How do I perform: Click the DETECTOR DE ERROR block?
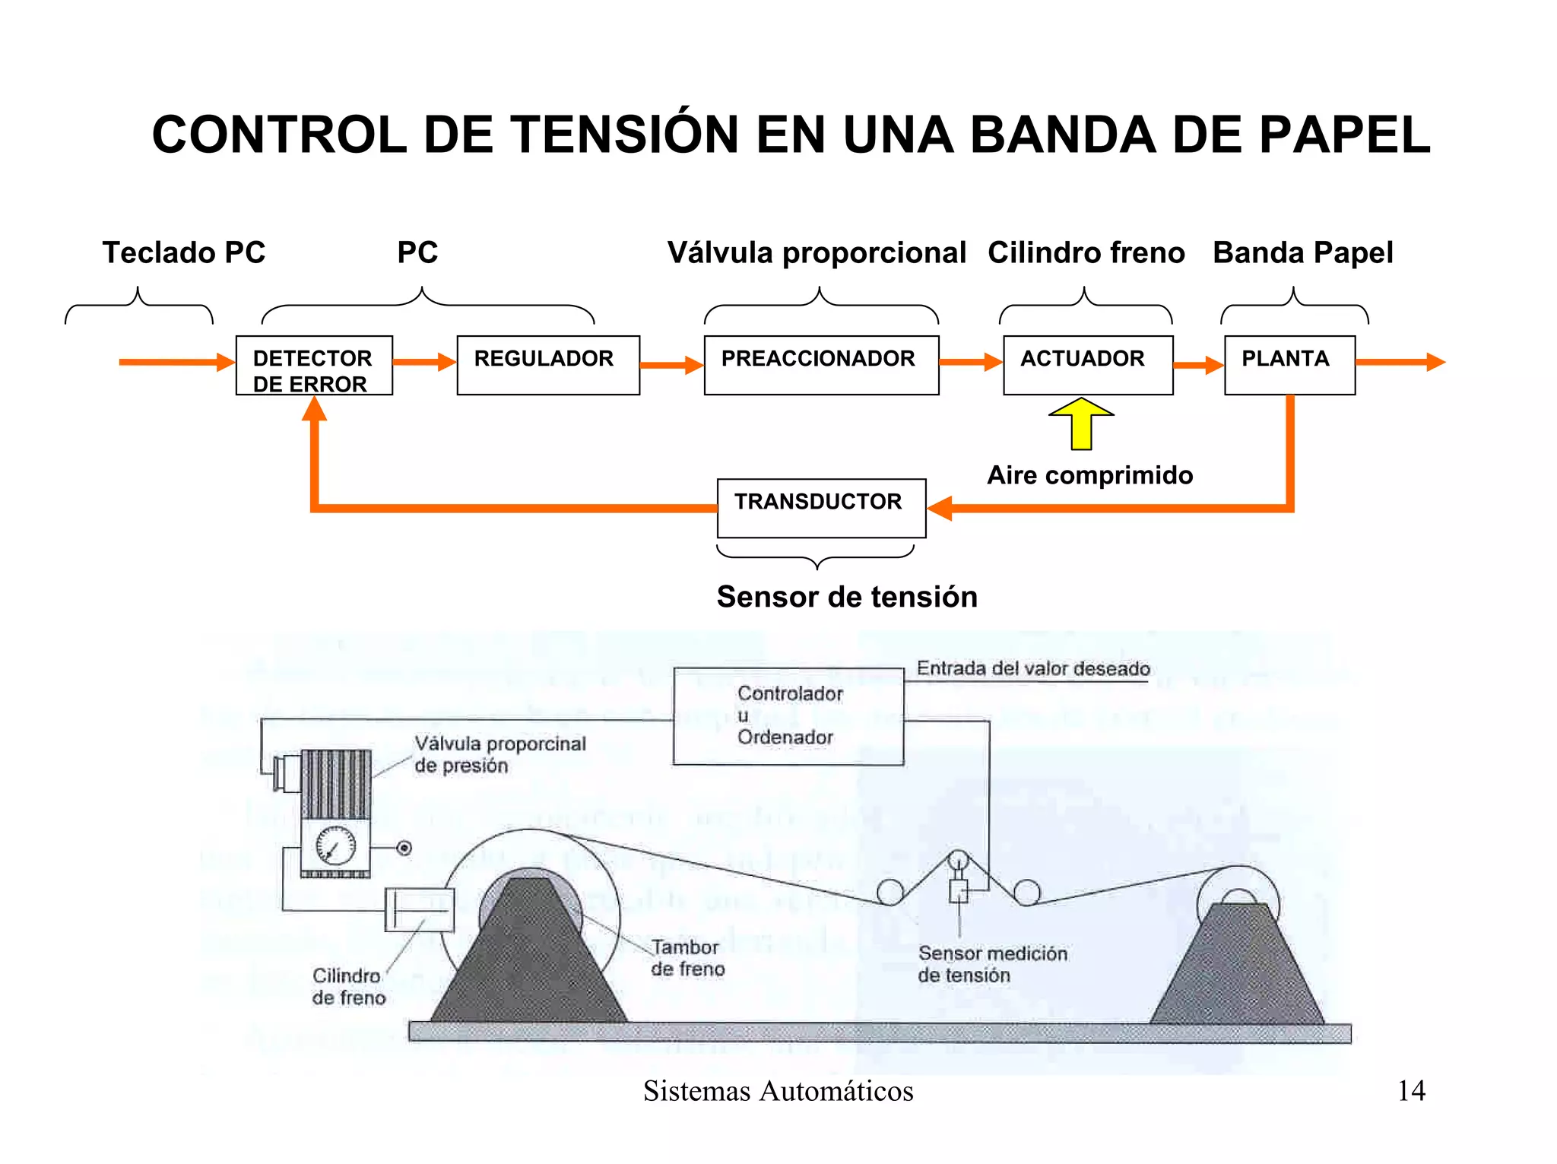[x=314, y=366]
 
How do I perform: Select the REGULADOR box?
[x=548, y=366]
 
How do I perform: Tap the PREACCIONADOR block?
[x=821, y=366]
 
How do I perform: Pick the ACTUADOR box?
[x=1088, y=366]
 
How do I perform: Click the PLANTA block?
[x=1289, y=366]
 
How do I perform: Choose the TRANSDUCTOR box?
[x=821, y=508]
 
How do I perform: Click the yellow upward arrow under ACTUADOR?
[x=1081, y=423]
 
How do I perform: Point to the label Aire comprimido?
[x=1089, y=475]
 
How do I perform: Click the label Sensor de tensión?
[x=846, y=597]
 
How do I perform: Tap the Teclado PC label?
[x=184, y=252]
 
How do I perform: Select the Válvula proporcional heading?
[x=817, y=252]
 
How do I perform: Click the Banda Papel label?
[x=1302, y=252]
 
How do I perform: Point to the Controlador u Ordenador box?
[x=788, y=716]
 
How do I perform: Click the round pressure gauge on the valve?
[x=335, y=846]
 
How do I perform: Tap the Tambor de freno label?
[x=687, y=958]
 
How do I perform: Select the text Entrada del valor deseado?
[x=1032, y=668]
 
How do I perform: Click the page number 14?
[x=1411, y=1091]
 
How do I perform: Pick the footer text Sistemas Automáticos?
[x=778, y=1091]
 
